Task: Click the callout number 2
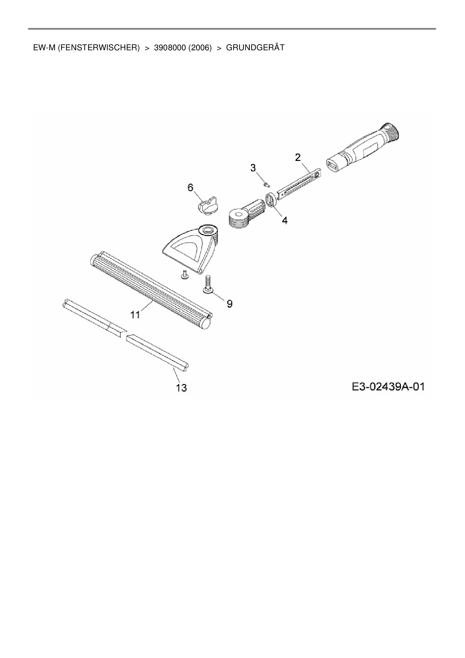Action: point(298,157)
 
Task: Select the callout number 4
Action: point(285,220)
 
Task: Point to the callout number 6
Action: point(190,187)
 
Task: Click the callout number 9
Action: point(229,303)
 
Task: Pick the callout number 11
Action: point(135,314)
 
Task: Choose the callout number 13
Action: point(181,388)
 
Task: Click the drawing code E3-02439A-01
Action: point(388,387)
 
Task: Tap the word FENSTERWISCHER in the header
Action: point(99,48)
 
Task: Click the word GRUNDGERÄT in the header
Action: point(255,48)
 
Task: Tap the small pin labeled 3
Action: point(266,184)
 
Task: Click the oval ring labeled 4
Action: point(271,199)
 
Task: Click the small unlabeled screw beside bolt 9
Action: point(184,276)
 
